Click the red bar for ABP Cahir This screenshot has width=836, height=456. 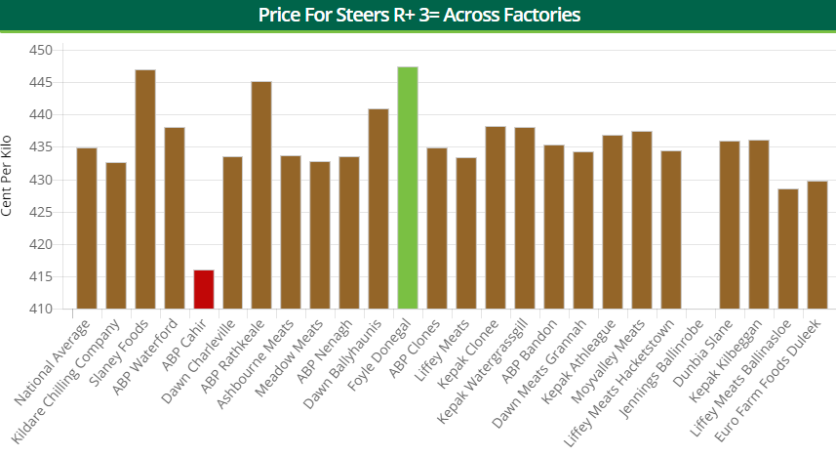coord(204,289)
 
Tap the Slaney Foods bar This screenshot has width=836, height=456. coord(145,189)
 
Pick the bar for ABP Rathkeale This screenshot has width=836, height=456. coord(261,195)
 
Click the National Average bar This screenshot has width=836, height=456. coord(87,228)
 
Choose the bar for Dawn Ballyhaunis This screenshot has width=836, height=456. coord(378,209)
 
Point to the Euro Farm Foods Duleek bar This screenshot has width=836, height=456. coord(816,245)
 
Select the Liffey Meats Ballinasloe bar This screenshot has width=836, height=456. coord(787,249)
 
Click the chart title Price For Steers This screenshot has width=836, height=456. coord(418,15)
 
